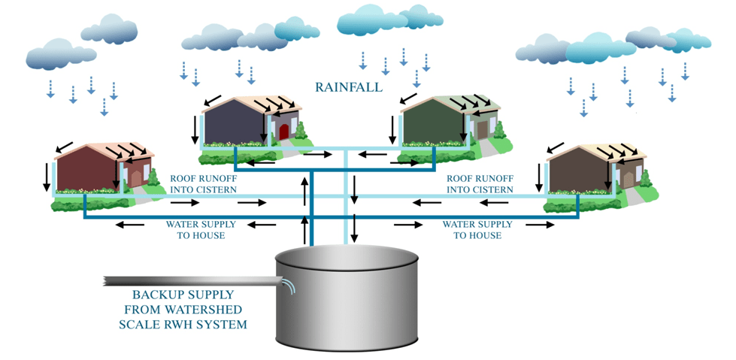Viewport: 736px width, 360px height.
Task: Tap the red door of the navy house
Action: point(283,132)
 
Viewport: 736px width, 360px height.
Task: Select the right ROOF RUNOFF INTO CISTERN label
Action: point(479,184)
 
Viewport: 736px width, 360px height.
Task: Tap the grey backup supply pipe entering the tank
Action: point(188,282)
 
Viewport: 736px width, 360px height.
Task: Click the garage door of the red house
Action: point(137,175)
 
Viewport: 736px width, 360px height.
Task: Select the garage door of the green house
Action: point(482,129)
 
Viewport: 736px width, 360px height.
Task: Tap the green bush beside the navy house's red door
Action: point(301,132)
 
